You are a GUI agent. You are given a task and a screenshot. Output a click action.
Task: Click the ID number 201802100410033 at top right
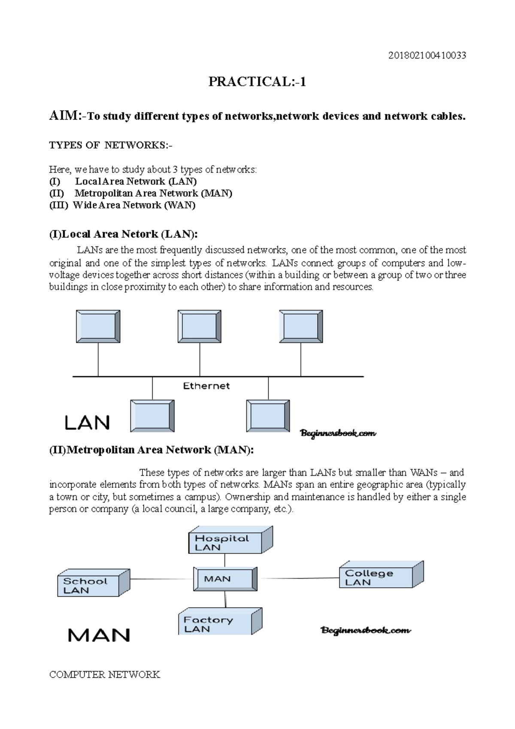(427, 55)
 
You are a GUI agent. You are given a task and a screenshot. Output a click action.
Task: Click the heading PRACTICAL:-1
(257, 82)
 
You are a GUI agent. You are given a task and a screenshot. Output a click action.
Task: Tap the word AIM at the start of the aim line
(63, 115)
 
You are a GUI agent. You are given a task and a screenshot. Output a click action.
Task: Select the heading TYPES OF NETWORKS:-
(111, 145)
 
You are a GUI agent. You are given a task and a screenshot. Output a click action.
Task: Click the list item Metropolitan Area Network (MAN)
(153, 193)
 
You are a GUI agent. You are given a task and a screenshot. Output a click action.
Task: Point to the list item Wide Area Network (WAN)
(134, 205)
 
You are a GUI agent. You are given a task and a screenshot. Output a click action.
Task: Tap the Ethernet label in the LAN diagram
(206, 386)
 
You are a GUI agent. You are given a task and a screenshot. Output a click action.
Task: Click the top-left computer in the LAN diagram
(98, 327)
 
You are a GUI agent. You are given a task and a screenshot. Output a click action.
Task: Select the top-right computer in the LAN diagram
(300, 327)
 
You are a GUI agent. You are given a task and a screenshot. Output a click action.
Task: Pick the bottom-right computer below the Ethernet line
(268, 416)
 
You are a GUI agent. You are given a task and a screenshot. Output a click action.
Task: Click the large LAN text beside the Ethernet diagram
(88, 423)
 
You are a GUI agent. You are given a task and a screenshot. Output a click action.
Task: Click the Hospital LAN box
(225, 542)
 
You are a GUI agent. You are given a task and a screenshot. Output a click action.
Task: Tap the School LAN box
(88, 585)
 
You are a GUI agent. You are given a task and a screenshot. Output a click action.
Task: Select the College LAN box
(376, 577)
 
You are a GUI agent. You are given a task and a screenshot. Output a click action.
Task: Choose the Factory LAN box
(215, 624)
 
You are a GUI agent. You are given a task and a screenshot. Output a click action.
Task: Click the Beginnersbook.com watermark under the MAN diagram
(366, 630)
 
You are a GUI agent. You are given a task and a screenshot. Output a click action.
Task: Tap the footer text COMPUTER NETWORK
(105, 674)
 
